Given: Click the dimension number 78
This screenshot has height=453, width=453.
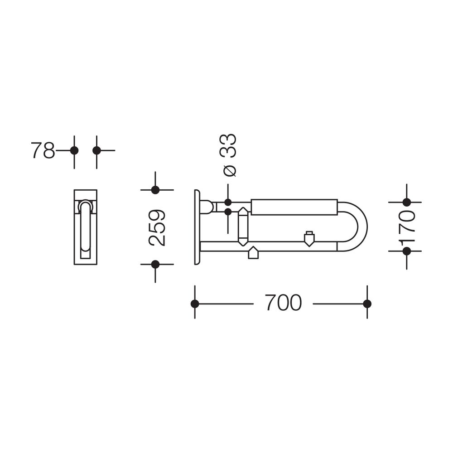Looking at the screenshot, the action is point(43,150).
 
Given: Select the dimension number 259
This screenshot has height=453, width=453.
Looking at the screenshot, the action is point(157,227).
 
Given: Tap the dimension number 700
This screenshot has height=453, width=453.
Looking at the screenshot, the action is point(284,303).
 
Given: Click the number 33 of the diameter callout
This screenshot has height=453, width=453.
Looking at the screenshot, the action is point(228,145).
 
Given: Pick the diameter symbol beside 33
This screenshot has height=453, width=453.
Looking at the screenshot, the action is point(230,170).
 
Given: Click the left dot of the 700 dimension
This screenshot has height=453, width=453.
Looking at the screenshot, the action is point(195,304).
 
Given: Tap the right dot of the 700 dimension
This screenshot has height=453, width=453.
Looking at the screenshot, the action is point(367,304).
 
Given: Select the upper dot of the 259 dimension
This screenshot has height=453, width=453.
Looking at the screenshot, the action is point(155,190).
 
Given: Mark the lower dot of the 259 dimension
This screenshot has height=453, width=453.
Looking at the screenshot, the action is point(155,264).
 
